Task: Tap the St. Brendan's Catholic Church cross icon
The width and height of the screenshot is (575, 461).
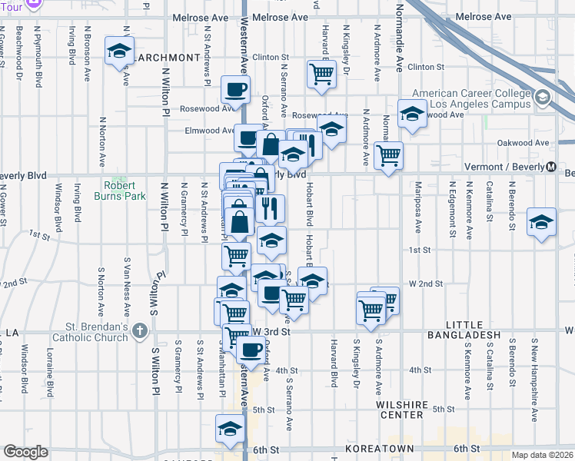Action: coord(138,331)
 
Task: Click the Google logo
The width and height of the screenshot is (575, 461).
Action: coord(25,452)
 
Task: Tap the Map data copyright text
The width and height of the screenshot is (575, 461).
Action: coord(542,455)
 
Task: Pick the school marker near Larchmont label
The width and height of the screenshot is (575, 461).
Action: coord(119,51)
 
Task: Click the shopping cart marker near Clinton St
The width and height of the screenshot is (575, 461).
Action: coord(321,75)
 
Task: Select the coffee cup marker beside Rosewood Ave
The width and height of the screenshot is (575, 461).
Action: coord(235,89)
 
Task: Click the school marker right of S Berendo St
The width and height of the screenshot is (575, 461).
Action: coord(541,222)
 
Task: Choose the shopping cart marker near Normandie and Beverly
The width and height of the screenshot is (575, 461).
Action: coord(388,154)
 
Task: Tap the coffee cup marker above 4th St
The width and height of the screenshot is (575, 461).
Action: coord(249,350)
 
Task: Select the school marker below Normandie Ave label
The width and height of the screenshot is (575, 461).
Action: coord(413,115)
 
